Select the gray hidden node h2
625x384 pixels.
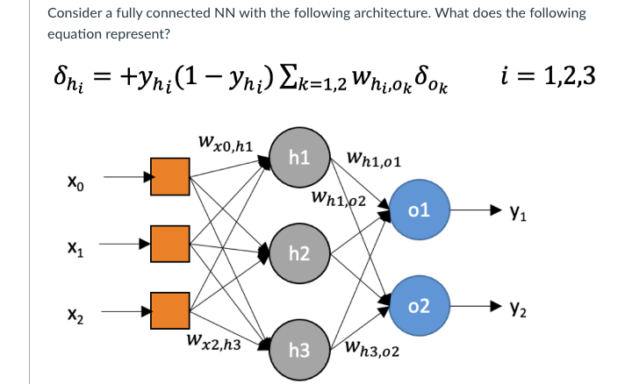pos(298,254)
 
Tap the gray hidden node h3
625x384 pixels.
pos(298,349)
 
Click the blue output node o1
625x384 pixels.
pos(419,211)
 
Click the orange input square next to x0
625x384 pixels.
pos(171,175)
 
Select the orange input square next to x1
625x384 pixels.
pos(171,244)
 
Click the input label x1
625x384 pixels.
pos(76,249)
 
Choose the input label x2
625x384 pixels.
pos(76,314)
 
